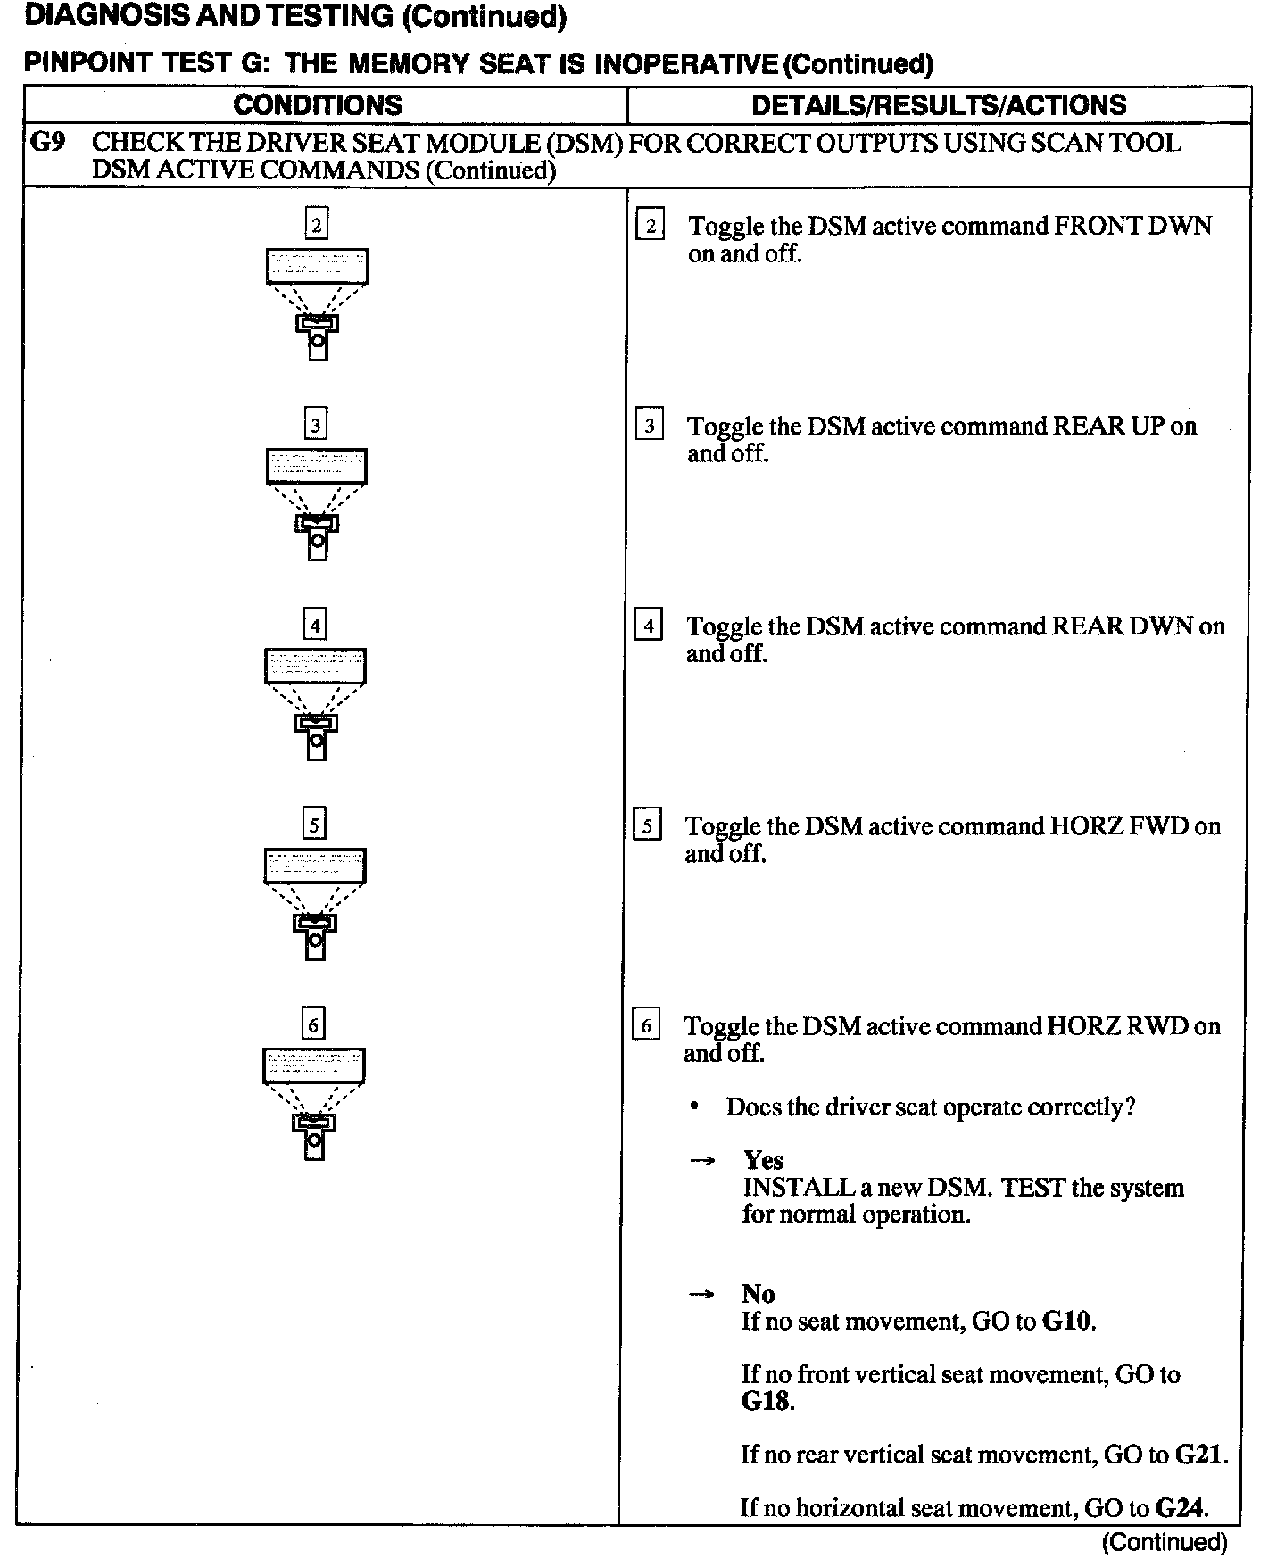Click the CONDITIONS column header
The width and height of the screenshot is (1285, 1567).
click(x=318, y=105)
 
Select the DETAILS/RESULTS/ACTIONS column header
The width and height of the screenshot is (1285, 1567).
click(x=939, y=105)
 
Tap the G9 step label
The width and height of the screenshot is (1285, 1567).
click(x=47, y=143)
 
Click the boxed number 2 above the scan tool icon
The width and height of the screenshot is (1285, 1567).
click(x=316, y=223)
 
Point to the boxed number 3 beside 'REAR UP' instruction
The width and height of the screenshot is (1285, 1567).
click(x=649, y=426)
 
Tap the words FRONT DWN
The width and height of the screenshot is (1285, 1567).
click(x=1132, y=227)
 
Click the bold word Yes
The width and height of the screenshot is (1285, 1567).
click(x=763, y=1160)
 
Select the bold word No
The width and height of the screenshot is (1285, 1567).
click(x=758, y=1294)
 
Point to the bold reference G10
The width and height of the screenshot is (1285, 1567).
click(x=1067, y=1321)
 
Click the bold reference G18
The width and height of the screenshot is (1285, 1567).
click(x=766, y=1401)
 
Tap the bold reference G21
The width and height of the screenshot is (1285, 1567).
click(x=1199, y=1455)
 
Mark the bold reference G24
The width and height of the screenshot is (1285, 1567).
click(x=1180, y=1508)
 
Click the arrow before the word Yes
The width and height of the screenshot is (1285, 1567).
click(x=703, y=1161)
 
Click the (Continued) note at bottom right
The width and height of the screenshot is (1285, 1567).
click(x=1165, y=1542)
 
